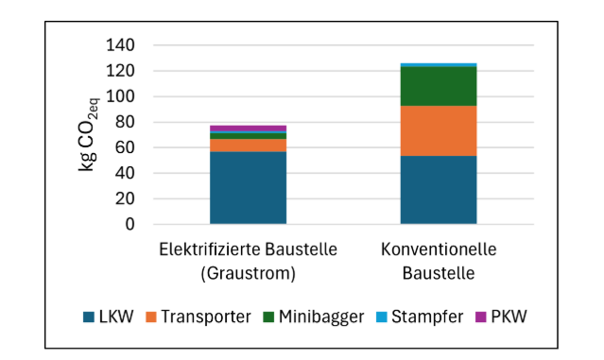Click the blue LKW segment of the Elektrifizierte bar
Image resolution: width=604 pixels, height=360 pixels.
[248, 187]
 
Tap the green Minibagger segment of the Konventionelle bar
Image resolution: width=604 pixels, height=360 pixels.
[438, 86]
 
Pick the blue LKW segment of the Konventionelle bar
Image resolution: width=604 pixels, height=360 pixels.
[438, 190]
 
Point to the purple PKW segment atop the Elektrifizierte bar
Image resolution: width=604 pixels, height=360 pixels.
[248, 128]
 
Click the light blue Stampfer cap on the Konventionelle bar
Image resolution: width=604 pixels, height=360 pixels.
[438, 65]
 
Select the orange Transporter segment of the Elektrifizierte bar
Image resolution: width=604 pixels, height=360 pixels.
[248, 145]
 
